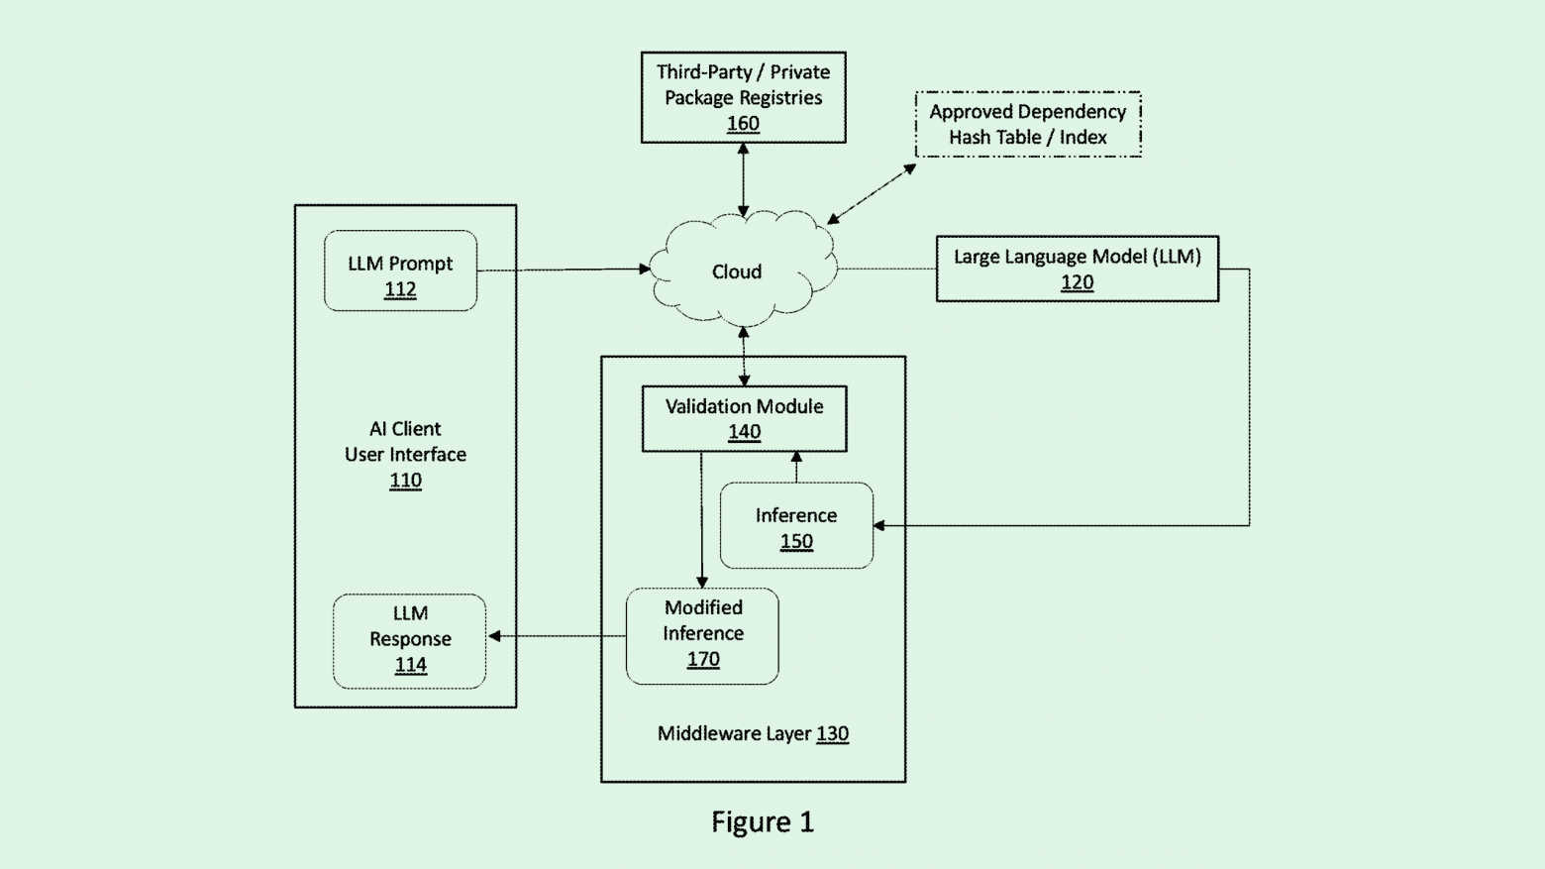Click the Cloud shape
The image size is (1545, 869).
[x=738, y=271]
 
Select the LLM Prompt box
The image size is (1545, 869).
[x=400, y=271]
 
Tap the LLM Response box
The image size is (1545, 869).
[x=409, y=640]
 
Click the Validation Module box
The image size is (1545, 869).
[x=744, y=418]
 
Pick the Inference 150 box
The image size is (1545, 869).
[x=796, y=526]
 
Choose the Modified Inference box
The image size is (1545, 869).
[x=702, y=635]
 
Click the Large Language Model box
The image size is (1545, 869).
[x=1077, y=269]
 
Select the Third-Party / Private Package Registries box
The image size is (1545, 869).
[x=743, y=97]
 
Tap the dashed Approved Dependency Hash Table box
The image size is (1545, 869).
[x=1027, y=124]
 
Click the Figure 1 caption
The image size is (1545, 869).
[x=763, y=821]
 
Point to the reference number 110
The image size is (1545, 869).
[x=405, y=481]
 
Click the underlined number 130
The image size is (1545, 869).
[x=832, y=734]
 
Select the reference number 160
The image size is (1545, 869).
[x=743, y=124]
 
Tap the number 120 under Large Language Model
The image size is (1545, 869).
[x=1077, y=282]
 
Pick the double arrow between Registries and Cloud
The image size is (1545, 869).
[x=743, y=179]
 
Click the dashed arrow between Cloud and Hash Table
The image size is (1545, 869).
[x=872, y=194]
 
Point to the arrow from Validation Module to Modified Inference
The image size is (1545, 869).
[x=701, y=520]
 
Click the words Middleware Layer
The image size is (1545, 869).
[x=734, y=734]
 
